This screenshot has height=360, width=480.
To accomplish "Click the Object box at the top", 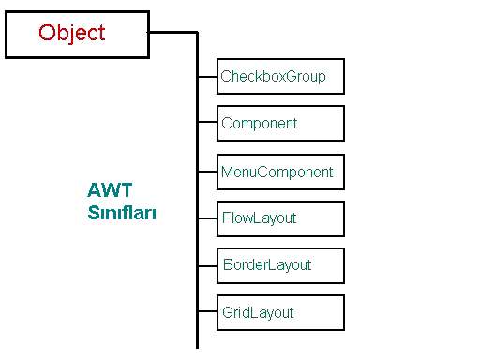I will (x=77, y=35).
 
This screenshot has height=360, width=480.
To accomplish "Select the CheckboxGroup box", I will (x=280, y=76).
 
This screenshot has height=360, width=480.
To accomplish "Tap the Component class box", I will (x=280, y=123).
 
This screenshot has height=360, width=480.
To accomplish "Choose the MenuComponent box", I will (x=280, y=172).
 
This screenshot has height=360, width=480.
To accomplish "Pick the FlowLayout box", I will (x=280, y=218).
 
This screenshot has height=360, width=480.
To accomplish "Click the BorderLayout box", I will (x=280, y=265).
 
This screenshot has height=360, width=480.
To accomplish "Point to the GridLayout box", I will (x=280, y=312).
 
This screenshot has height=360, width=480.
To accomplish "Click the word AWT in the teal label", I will (x=110, y=191).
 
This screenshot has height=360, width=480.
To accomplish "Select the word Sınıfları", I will (x=122, y=213).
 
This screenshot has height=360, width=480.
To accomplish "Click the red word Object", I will (x=72, y=33).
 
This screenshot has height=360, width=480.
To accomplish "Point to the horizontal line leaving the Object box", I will (x=172, y=32).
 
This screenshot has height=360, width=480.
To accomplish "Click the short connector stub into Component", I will (x=207, y=122).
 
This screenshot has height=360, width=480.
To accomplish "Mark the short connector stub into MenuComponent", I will (x=207, y=172).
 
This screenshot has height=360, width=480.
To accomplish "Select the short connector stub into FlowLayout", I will (x=207, y=218).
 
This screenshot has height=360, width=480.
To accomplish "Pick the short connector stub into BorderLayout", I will (x=207, y=265).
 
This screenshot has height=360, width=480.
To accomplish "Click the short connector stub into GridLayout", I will (x=207, y=311).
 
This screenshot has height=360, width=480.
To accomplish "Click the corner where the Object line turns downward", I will (x=197, y=33).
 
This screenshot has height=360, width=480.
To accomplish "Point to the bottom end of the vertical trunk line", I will (x=197, y=346).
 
